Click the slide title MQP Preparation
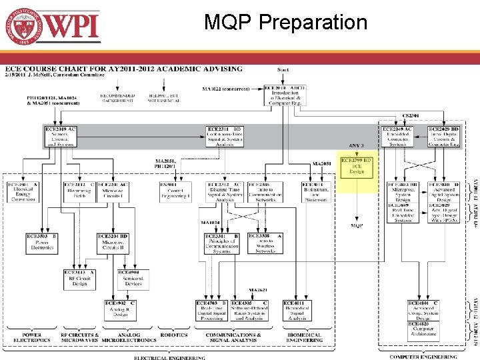click(285, 22)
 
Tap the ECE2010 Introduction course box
click(285, 95)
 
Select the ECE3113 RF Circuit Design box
click(79, 278)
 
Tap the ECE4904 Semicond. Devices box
click(133, 278)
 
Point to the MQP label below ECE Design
click(357, 225)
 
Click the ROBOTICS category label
click(174, 335)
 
